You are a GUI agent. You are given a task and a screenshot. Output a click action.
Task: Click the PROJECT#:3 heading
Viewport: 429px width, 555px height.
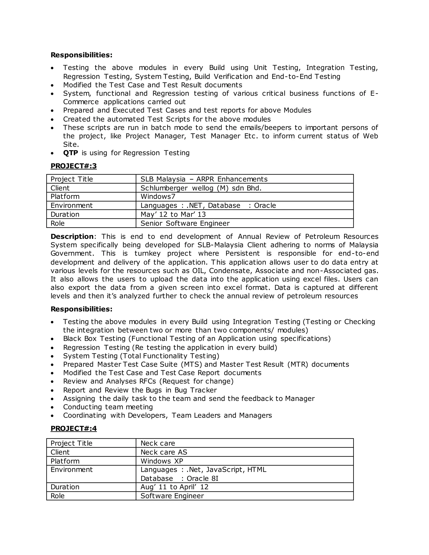74,166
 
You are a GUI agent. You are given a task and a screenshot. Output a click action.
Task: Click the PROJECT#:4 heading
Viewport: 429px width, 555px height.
74,429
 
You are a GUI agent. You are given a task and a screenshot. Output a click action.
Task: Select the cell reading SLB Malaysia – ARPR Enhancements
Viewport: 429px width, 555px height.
204,179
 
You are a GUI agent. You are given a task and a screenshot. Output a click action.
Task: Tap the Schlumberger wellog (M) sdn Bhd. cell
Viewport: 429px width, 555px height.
201,188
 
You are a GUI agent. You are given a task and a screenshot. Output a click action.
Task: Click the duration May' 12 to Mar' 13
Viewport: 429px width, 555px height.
173,214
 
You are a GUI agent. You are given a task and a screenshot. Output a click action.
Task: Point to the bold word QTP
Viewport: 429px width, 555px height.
70,153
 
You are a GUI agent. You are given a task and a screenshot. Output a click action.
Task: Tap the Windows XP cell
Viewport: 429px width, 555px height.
162,461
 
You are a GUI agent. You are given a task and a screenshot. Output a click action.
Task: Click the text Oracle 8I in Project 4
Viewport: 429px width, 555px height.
202,479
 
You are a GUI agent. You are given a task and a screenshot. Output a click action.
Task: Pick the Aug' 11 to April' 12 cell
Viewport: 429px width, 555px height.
174,487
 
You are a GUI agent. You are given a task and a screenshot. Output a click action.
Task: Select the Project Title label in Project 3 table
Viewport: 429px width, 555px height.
71,179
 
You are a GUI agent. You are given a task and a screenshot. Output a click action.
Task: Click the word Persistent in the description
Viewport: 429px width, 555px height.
243,253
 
